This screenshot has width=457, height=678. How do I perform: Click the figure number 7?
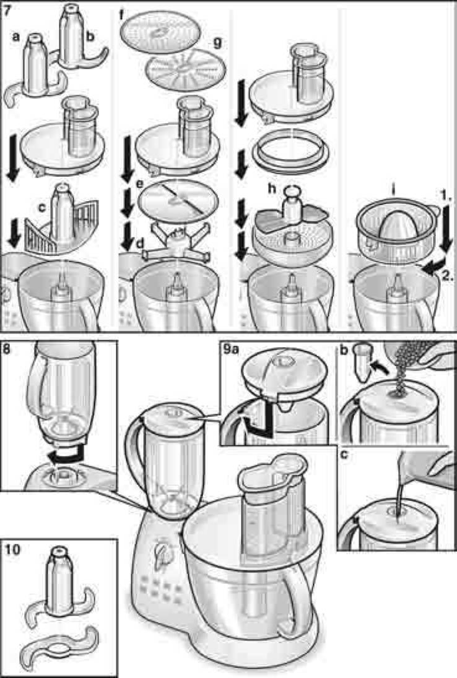coord(7,11)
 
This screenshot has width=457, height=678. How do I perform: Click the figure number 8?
coord(6,348)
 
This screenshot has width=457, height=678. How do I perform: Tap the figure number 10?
coord(13,550)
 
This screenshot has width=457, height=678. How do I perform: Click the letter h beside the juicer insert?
coord(272,189)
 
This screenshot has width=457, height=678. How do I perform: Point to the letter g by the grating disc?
coord(217,42)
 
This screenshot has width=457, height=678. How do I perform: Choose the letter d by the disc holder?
coord(140,244)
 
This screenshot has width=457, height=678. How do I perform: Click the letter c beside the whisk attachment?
coord(41,208)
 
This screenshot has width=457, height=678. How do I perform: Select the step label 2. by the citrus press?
coord(447,276)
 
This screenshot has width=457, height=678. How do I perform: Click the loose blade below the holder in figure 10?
coord(61,646)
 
